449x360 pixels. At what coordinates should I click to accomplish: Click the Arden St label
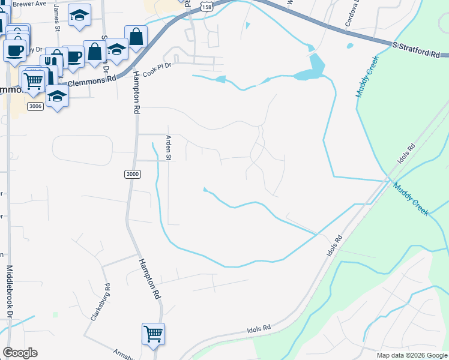pyautogui.click(x=169, y=149)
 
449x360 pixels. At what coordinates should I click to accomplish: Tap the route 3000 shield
pyautogui.click(x=133, y=174)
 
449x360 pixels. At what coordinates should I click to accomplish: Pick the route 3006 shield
pyautogui.click(x=35, y=106)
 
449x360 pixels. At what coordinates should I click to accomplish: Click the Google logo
pyautogui.click(x=20, y=353)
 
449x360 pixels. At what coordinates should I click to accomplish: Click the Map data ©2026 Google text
pyautogui.click(x=412, y=355)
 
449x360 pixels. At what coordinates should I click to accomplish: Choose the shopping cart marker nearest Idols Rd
pyautogui.click(x=153, y=333)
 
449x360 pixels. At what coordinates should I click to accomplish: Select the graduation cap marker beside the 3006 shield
pyautogui.click(x=57, y=96)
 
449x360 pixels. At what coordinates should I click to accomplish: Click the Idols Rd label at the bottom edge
pyautogui.click(x=259, y=329)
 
